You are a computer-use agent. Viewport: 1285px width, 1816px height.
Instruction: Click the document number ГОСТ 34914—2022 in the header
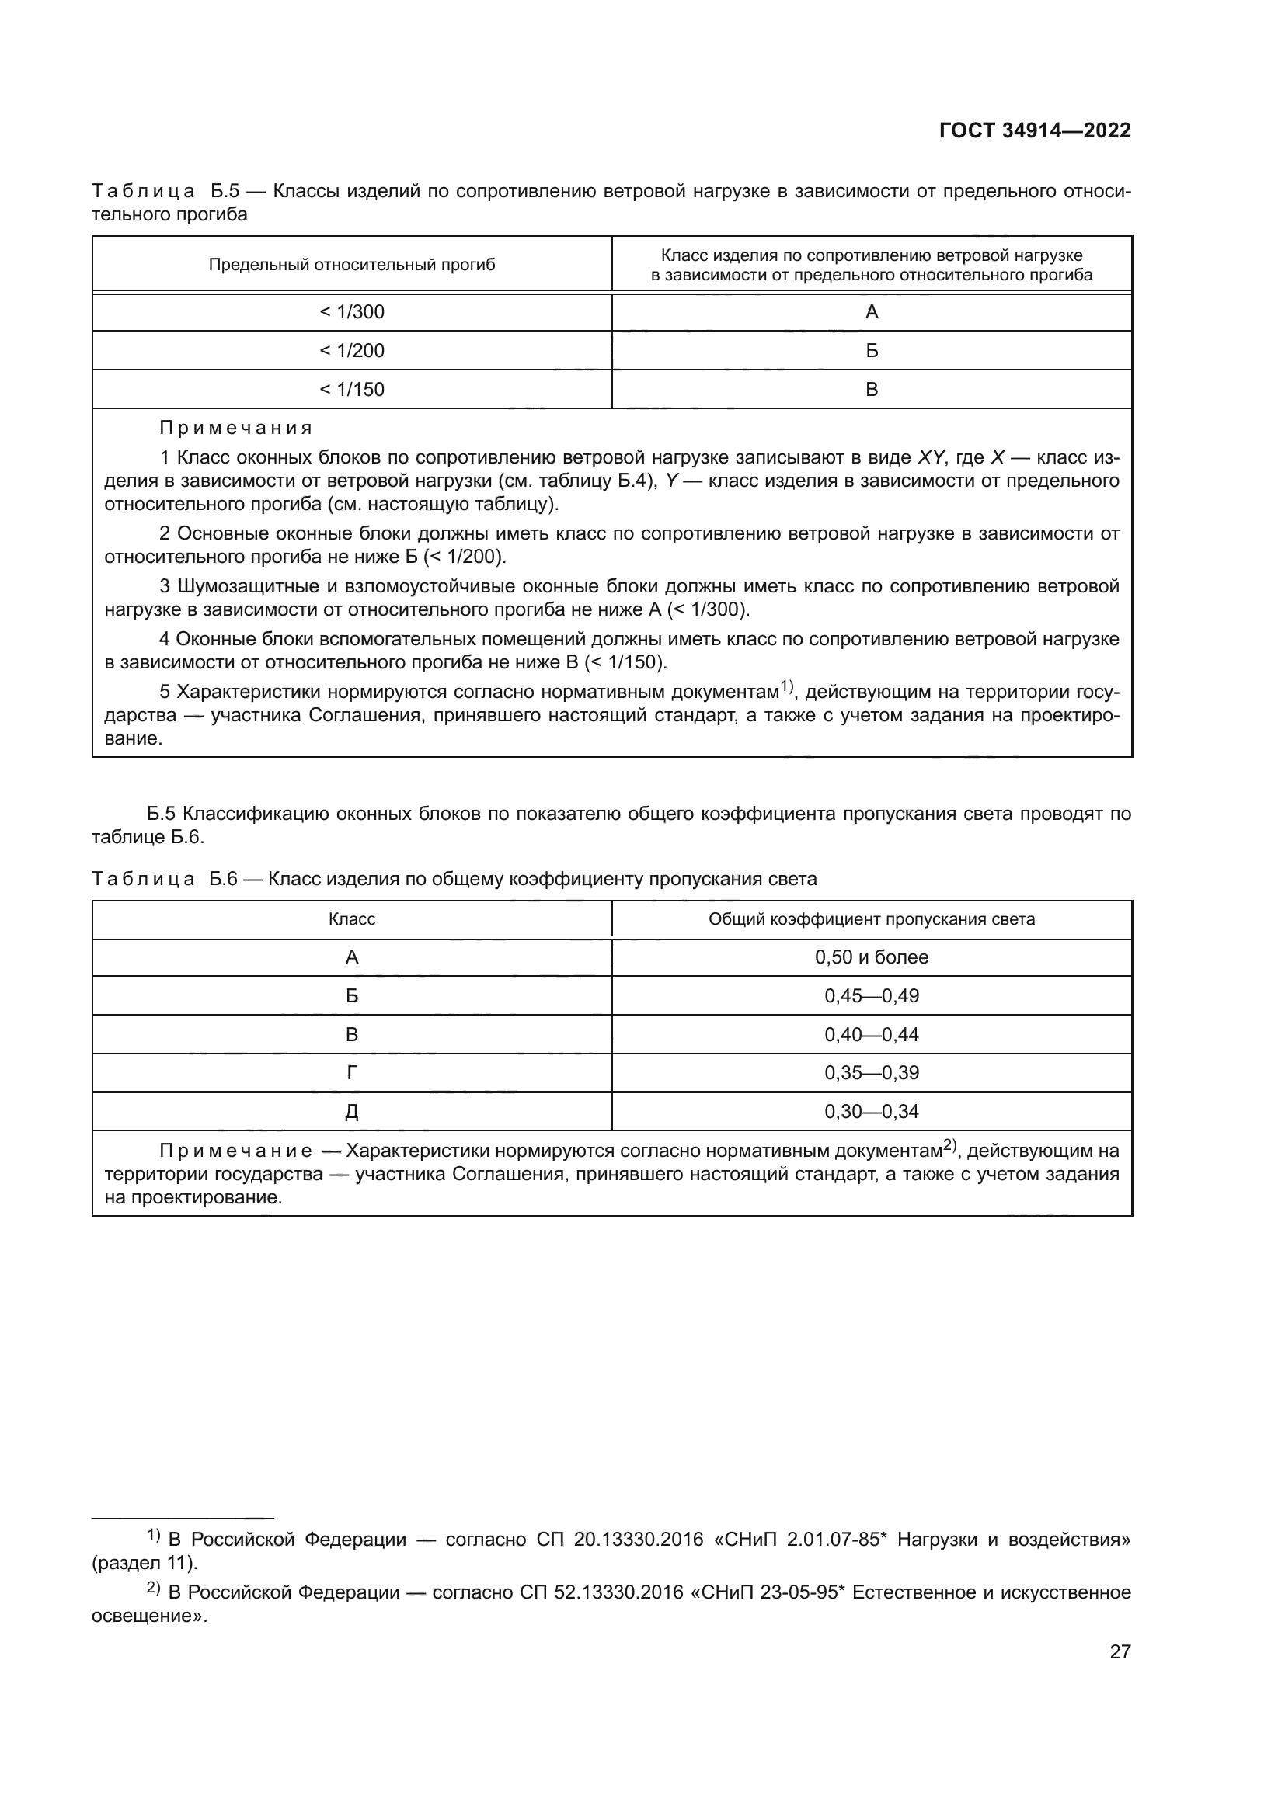coord(1034,130)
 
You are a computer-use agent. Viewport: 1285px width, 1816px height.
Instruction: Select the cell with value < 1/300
coord(351,311)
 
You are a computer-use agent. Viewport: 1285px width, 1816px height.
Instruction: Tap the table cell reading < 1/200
coord(351,350)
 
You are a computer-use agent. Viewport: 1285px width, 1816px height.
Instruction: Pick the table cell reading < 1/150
coord(351,389)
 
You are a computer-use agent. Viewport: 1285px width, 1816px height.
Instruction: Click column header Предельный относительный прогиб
coord(351,265)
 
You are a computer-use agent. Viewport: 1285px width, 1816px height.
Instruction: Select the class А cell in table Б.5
coord(871,311)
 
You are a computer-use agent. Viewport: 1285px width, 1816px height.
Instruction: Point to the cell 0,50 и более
coord(871,957)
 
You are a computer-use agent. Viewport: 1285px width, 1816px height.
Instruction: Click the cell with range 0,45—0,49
coord(871,996)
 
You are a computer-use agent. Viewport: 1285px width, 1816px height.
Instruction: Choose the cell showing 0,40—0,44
coord(871,1034)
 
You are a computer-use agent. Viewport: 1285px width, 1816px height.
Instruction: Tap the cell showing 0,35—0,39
coord(871,1072)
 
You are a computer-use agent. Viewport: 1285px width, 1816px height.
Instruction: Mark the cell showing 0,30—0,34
coord(871,1111)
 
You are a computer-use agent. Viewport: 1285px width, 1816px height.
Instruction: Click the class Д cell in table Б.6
coord(351,1111)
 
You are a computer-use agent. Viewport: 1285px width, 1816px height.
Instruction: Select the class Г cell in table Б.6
coord(351,1072)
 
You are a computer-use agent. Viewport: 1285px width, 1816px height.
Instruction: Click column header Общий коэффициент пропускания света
coord(871,919)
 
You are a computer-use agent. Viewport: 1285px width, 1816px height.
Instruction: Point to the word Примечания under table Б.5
coord(236,428)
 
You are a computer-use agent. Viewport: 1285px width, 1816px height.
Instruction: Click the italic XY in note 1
coord(931,457)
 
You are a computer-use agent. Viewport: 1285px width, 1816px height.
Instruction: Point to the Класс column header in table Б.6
coord(351,919)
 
